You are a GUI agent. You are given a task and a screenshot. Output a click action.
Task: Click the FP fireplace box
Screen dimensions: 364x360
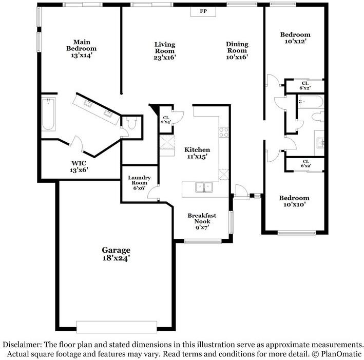pyautogui.click(x=203, y=11)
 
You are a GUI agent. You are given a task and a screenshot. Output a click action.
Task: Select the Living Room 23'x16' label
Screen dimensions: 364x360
pyautogui.click(x=165, y=51)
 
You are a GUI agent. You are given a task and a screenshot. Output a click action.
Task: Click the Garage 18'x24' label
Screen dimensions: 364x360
pyautogui.click(x=116, y=254)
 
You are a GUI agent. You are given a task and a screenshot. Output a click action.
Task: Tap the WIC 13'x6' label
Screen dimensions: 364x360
pyautogui.click(x=79, y=166)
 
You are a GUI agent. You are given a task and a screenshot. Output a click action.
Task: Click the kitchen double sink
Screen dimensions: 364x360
pyautogui.click(x=204, y=187)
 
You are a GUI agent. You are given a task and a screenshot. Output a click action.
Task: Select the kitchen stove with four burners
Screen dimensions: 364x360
pyautogui.click(x=224, y=132)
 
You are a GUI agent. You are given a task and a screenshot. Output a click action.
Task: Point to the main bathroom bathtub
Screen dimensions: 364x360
pyautogui.click(x=48, y=115)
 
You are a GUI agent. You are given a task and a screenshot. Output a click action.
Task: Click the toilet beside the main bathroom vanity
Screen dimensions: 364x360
pyautogui.click(x=131, y=123)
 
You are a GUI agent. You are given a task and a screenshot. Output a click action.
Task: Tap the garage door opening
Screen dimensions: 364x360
pyautogui.click(x=117, y=327)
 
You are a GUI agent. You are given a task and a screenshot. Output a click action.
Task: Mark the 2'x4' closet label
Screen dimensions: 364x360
pyautogui.click(x=166, y=120)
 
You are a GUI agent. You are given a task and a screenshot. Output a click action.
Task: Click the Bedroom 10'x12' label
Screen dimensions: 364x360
pyautogui.click(x=295, y=38)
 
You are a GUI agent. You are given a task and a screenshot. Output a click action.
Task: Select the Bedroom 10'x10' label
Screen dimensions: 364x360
pyautogui.click(x=294, y=201)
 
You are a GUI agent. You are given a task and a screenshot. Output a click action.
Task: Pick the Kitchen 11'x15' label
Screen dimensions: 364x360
pyautogui.click(x=197, y=153)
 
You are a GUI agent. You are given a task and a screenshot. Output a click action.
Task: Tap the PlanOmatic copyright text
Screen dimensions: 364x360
pyautogui.click(x=337, y=354)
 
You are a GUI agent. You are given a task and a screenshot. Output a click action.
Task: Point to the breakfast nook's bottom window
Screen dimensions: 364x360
pyautogui.click(x=203, y=241)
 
